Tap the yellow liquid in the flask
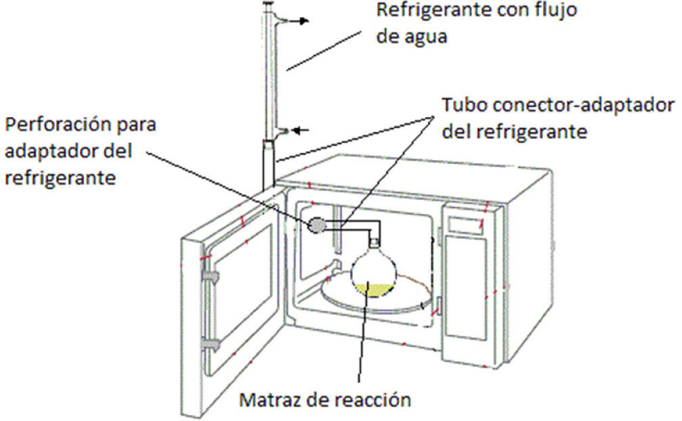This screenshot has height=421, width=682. (x=372, y=290)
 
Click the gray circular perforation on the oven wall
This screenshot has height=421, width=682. (x=317, y=225)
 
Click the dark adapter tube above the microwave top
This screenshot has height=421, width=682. (x=268, y=162)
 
